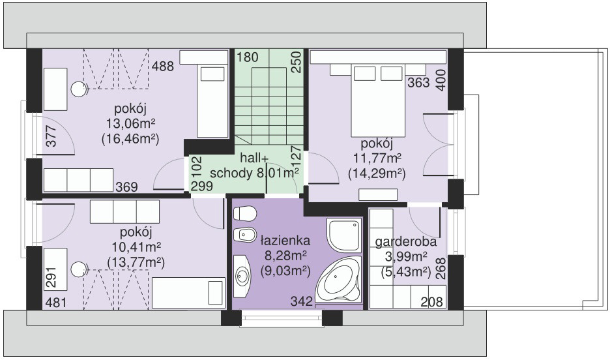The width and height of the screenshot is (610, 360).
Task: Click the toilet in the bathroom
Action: point(245,214)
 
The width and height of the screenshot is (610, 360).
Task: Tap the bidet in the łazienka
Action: point(245,234)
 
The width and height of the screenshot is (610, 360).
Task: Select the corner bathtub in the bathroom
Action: point(338,279)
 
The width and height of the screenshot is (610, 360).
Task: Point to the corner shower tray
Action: point(344,235)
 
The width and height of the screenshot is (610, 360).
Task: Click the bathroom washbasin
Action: point(242,276)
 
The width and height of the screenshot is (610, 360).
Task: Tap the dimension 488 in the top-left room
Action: point(163,66)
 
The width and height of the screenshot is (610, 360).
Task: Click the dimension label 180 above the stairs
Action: point(248,57)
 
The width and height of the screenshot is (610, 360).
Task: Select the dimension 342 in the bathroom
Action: point(302,301)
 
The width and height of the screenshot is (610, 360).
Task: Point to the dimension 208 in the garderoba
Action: point(432,301)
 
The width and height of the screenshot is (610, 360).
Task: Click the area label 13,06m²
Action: point(131,123)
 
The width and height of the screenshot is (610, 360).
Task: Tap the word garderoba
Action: point(406,242)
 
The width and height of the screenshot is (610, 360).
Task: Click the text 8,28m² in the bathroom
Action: point(285,256)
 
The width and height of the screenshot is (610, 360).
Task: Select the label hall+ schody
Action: point(254,166)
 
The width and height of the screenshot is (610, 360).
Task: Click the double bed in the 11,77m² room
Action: point(378,101)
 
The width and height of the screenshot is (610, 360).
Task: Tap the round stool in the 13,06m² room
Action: point(79,89)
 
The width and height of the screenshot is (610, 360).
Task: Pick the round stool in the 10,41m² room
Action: point(79,269)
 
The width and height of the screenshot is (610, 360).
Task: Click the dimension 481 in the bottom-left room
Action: point(56,302)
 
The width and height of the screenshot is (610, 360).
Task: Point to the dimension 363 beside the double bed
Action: point(418,83)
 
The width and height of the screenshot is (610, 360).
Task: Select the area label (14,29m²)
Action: point(377,173)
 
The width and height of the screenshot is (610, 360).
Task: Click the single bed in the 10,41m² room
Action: point(189,293)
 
